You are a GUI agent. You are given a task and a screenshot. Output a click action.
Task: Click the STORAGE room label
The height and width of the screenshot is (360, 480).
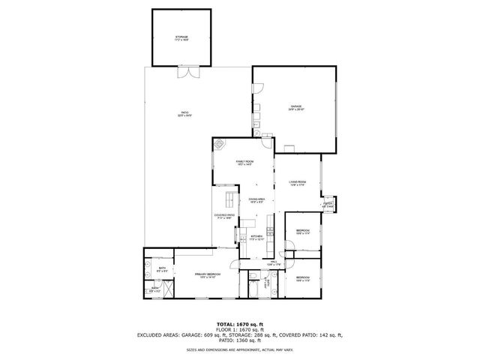tap(181, 37)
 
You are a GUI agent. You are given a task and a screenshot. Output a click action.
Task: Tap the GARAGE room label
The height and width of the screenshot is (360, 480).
tap(296, 108)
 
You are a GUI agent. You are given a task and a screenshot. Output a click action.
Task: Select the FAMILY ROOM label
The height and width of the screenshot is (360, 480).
tap(244, 163)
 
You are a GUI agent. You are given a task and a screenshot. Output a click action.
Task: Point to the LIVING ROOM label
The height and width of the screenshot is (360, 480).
tap(298, 183)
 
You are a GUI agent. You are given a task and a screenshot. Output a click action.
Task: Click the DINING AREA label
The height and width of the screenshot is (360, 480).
tap(257, 200)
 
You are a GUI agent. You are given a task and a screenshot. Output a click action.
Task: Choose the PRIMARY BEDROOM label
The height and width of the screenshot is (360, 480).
tap(207, 276)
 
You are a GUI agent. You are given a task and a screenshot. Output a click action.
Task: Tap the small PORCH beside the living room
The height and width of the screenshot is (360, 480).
tap(328, 204)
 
